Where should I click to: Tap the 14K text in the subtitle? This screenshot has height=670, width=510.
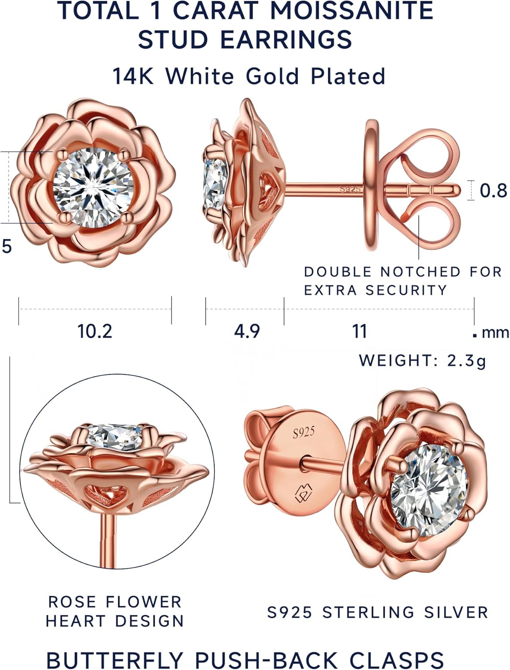pyautogui.click(x=133, y=76)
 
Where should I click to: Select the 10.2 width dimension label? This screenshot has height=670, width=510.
pyautogui.click(x=95, y=331)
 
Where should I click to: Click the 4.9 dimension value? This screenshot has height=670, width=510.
pyautogui.click(x=247, y=331)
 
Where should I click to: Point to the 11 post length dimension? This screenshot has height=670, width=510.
pyautogui.click(x=360, y=331)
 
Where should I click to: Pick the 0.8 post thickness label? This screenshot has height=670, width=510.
pyautogui.click(x=493, y=191)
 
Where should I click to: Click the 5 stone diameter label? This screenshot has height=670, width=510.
pyautogui.click(x=7, y=246)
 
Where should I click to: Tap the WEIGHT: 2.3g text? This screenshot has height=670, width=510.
pyautogui.click(x=422, y=360)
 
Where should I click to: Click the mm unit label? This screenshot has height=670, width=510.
pyautogui.click(x=495, y=333)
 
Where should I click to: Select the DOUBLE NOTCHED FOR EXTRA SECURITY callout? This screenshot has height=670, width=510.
pyautogui.click(x=402, y=281)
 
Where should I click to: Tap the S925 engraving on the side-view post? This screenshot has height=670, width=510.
pyautogui.click(x=350, y=189)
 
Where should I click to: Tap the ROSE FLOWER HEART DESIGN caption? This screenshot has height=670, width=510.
pyautogui.click(x=115, y=611)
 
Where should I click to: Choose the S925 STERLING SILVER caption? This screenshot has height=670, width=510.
pyautogui.click(x=377, y=612)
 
